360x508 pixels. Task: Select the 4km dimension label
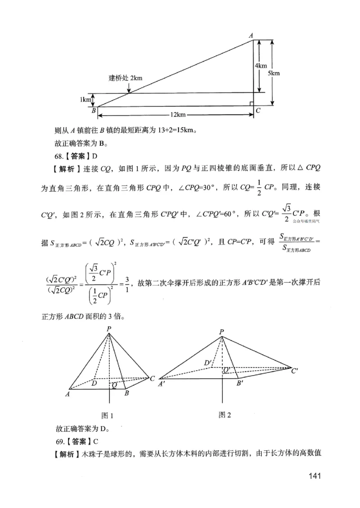tap(261, 66)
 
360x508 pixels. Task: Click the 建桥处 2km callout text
tap(125, 77)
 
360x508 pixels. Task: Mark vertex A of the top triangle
tap(251, 35)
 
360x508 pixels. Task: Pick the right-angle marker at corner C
tap(252, 104)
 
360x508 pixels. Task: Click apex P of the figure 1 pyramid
tap(109, 329)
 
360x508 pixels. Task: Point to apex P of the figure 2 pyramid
tap(221, 332)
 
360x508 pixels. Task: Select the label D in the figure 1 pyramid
tap(94, 384)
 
